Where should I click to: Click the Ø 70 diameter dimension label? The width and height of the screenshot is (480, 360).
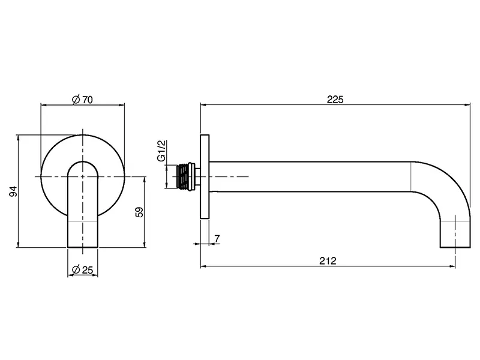(82, 100)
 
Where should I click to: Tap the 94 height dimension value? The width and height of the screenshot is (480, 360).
(13, 191)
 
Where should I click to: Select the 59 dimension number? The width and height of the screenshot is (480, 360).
(139, 212)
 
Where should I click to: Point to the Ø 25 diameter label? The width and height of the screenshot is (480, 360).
(82, 269)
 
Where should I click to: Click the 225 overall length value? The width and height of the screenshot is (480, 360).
(335, 100)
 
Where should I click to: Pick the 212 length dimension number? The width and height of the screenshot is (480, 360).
(328, 261)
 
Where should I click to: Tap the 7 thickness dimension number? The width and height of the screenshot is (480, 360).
(217, 238)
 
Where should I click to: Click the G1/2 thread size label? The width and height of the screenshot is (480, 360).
(161, 151)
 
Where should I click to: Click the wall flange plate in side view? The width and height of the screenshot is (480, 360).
(205, 176)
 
